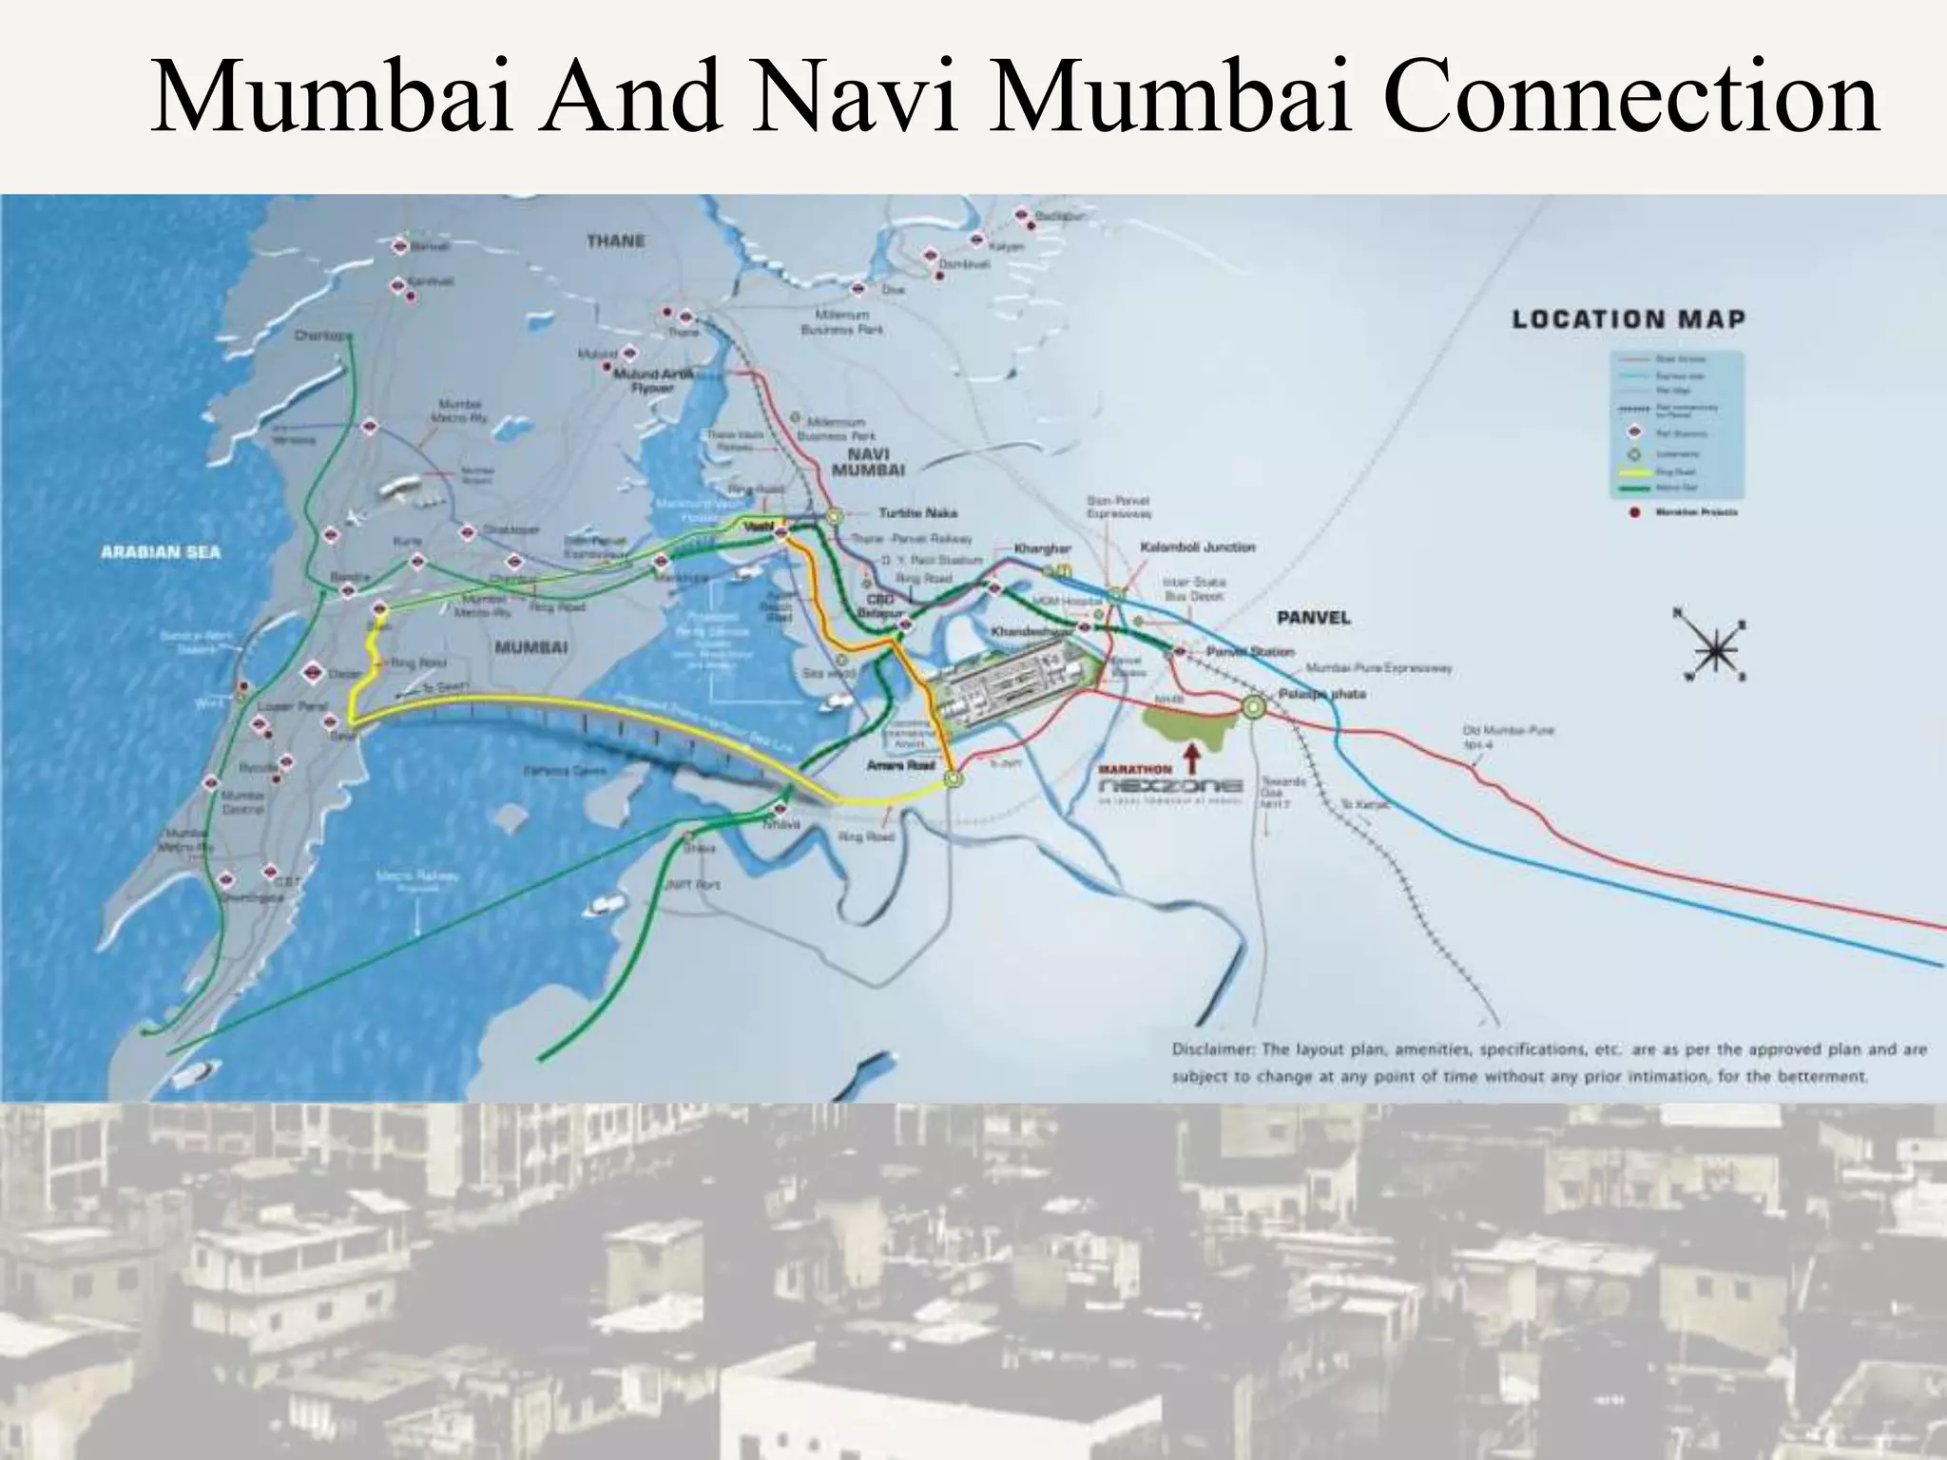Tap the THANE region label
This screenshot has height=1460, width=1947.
tap(615, 241)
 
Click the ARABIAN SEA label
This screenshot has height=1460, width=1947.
tap(161, 552)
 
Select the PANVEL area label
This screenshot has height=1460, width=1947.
tap(1313, 618)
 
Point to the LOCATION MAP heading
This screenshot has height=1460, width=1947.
tap(1629, 319)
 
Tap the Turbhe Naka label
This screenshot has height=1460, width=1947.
tap(917, 513)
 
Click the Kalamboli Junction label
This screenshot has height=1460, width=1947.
tap(1197, 547)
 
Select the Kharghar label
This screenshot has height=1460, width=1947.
tap(1043, 549)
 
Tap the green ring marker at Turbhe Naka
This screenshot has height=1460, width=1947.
tap(835, 516)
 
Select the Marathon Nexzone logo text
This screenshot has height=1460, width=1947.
tap(1170, 787)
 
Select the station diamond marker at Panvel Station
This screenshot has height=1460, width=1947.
tap(1179, 651)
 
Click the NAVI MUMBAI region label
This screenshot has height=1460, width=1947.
tap(868, 462)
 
